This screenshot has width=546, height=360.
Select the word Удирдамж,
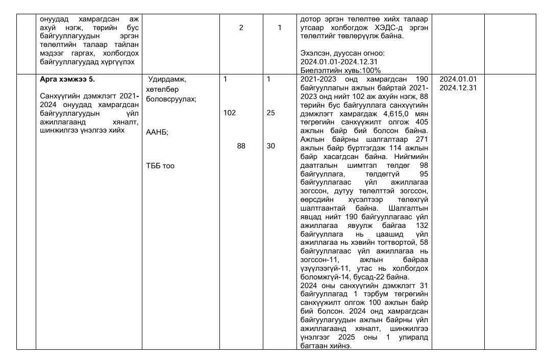tap(168, 80)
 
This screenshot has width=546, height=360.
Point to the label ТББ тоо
tap(160, 166)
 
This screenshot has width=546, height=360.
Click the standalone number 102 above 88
tap(230, 113)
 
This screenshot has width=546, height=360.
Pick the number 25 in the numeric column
tap(270, 113)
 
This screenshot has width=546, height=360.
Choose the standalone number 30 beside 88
tap(271, 146)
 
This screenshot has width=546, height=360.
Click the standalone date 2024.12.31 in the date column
tap(458, 88)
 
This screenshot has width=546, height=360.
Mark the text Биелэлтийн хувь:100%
tap(341, 70)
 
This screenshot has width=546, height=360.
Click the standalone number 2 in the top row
tap(241, 28)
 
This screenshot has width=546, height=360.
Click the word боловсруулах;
tap(171, 99)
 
